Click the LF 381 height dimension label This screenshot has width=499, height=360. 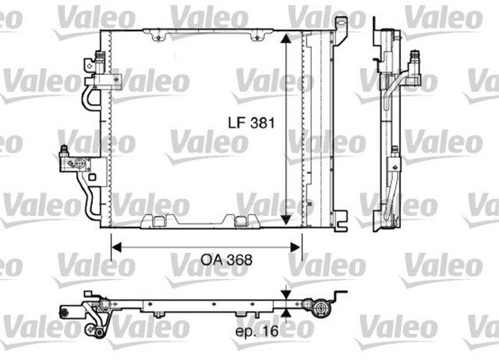click(252, 123)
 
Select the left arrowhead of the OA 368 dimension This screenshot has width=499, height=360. click(115, 248)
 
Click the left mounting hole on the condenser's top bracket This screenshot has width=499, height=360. click(159, 35)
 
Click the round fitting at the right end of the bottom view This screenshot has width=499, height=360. click(320, 310)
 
